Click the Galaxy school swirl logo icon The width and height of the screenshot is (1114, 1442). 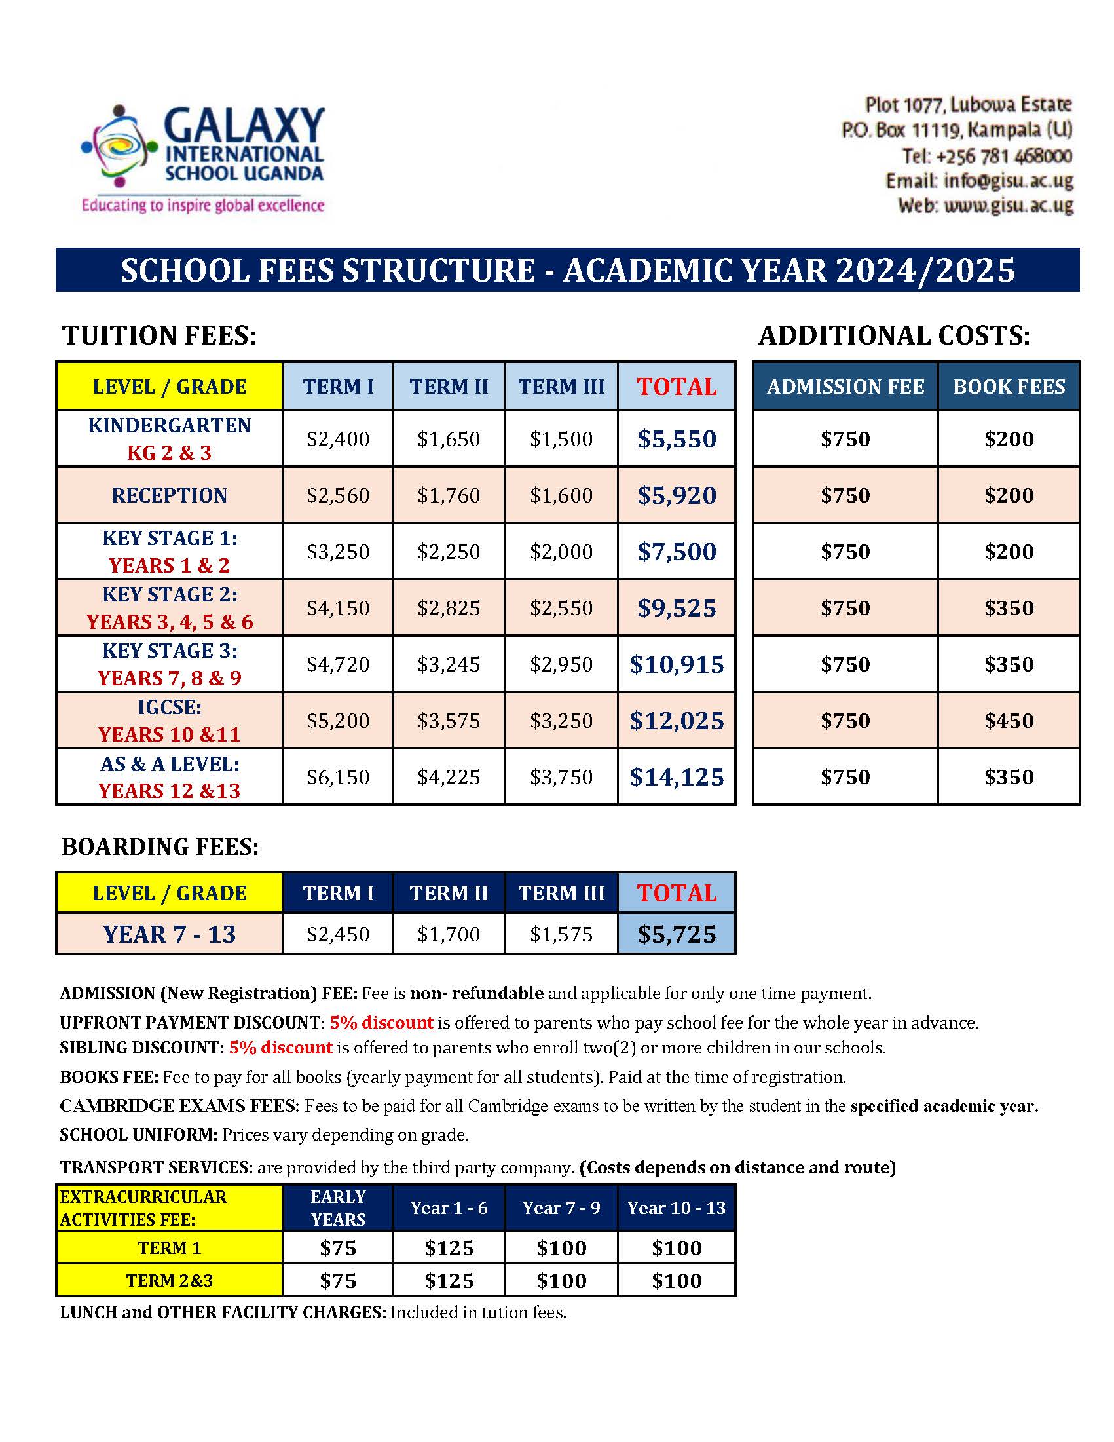coord(119,146)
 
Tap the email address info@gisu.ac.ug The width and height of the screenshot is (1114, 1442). coord(1008,180)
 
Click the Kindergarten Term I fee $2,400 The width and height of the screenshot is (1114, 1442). coord(338,439)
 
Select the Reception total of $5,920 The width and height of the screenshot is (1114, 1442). coord(677,495)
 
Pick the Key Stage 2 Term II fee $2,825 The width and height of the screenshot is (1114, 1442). coord(449,607)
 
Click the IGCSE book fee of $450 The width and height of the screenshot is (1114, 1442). coord(1009,720)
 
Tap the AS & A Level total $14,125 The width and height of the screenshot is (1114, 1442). coord(677,776)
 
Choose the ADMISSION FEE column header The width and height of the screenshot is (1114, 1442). coord(845,387)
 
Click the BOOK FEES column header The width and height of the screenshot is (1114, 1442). coord(1009,387)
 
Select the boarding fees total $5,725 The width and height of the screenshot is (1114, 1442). coord(677,934)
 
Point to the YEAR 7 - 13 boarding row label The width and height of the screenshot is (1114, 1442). coord(170,934)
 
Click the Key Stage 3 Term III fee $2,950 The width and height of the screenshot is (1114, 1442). coord(561,664)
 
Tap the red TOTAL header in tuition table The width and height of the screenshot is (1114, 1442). coord(677,387)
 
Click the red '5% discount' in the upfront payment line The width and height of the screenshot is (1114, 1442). coord(381,1023)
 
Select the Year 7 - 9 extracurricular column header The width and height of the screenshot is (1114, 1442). coord(561,1207)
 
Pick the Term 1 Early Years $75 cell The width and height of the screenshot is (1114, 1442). coord(338,1248)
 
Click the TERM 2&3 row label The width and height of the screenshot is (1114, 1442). coord(170,1280)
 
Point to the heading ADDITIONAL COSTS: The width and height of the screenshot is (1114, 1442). coord(894,335)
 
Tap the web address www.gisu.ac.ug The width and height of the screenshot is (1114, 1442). coord(1008,205)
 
